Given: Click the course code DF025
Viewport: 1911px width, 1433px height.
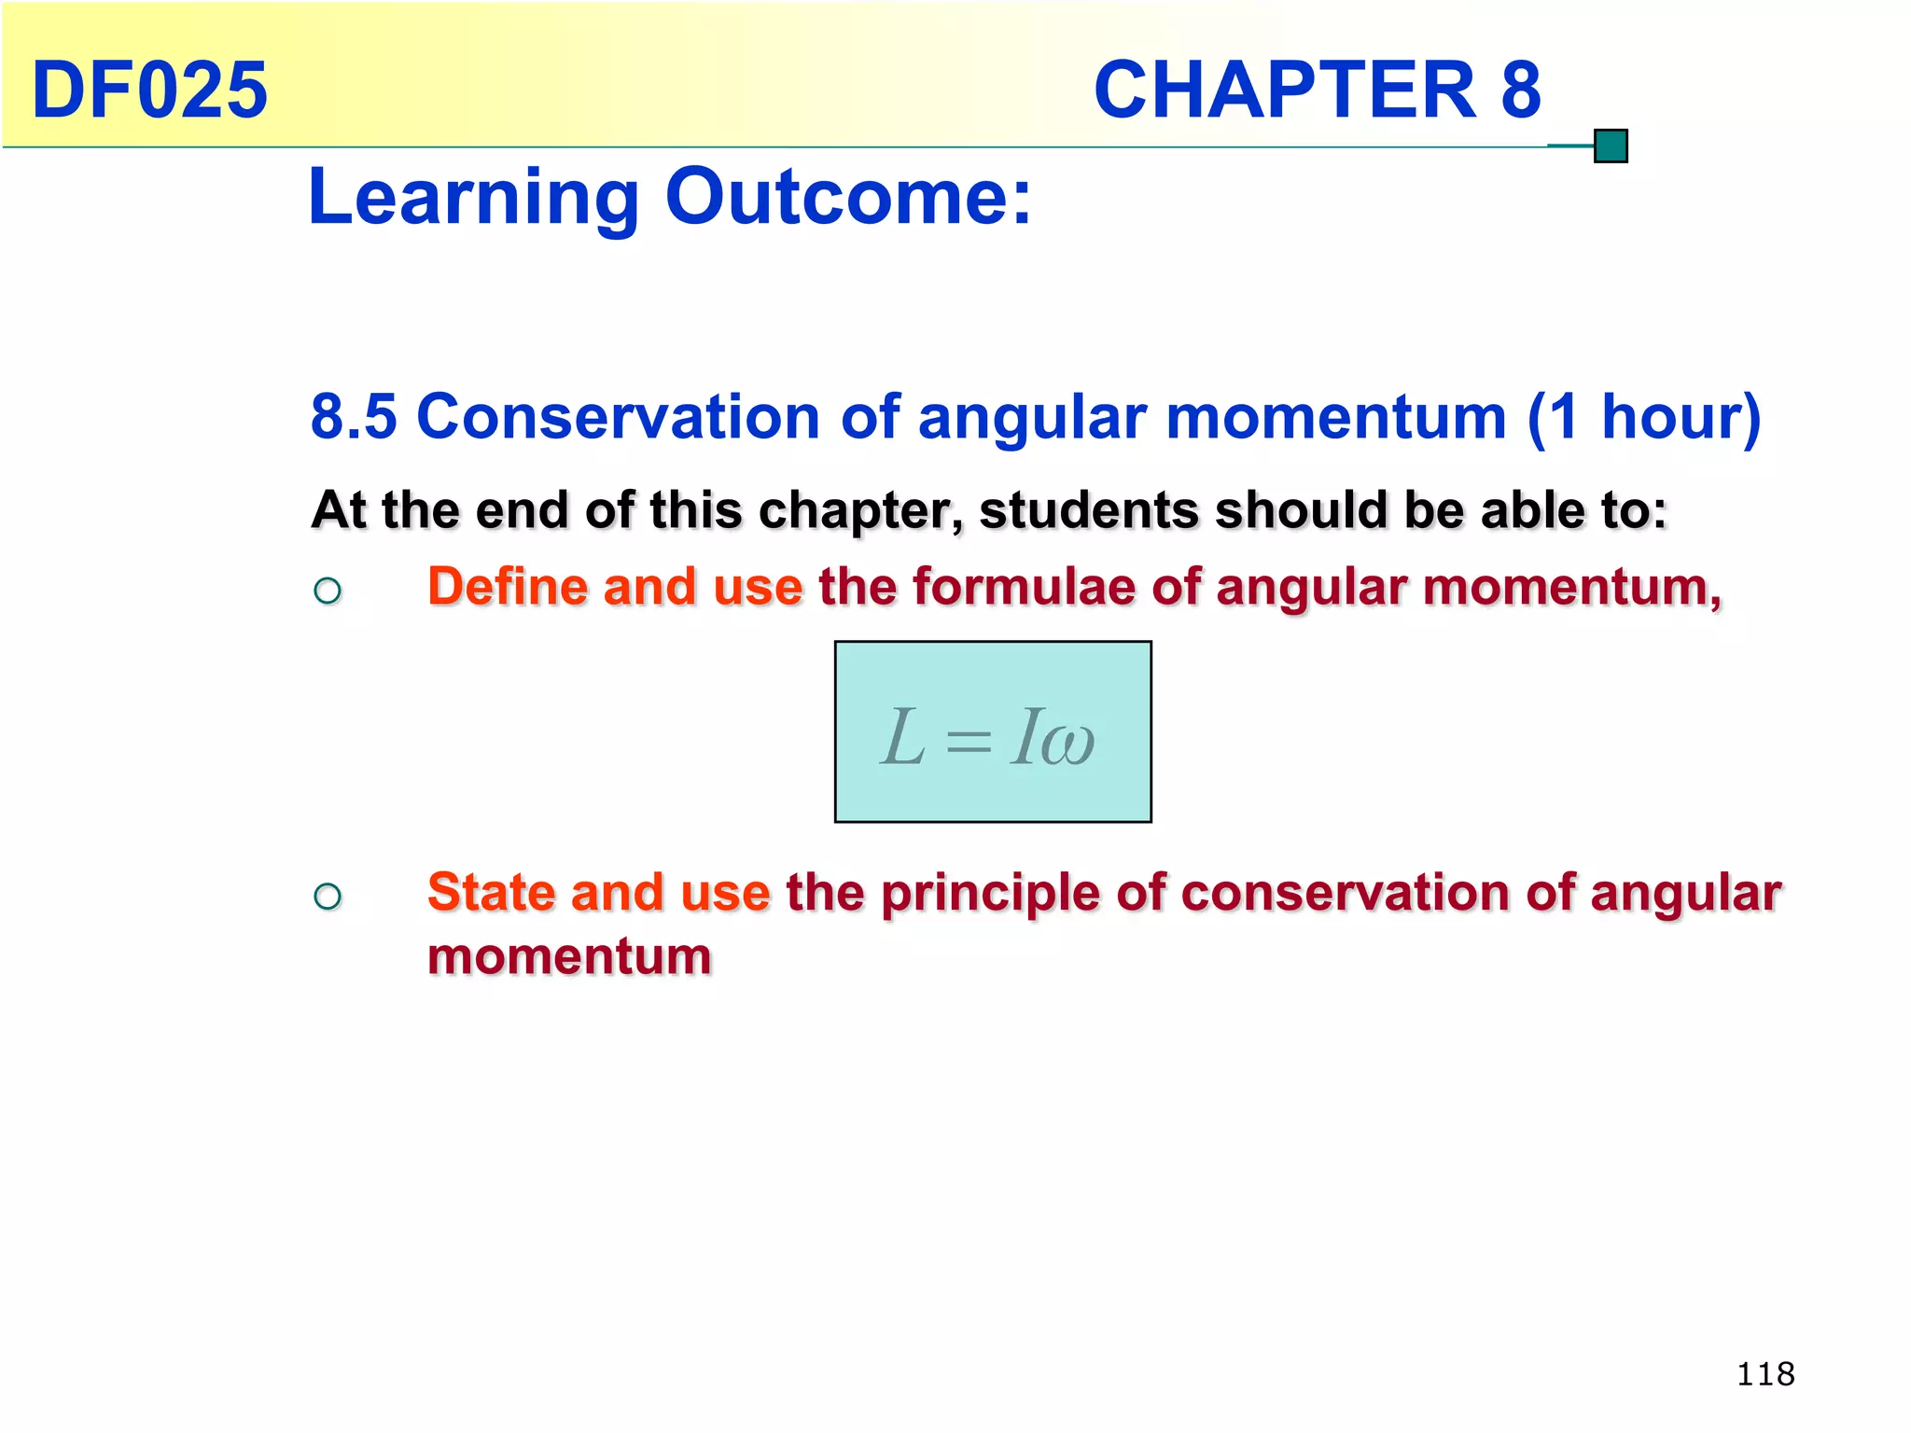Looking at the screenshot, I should coord(149,90).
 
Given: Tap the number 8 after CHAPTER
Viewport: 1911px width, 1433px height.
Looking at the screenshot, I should coord(1520,90).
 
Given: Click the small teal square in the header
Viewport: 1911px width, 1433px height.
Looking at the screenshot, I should coord(1611,146).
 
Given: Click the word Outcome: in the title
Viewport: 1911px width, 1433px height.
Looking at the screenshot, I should coord(848,198).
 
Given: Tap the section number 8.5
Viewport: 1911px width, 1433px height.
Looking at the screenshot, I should coord(354,416).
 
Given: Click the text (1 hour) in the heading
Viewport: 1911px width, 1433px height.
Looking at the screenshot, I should coord(1644,416).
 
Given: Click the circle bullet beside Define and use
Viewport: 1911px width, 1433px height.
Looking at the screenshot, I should coord(328,591).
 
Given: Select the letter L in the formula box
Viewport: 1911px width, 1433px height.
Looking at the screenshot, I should coord(903,738).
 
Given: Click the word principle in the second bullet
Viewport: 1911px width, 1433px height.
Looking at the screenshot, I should coord(990,894).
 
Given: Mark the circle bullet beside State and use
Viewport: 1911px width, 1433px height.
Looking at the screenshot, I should coord(328,897).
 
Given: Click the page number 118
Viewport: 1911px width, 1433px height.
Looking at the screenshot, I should coord(1765,1374).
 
